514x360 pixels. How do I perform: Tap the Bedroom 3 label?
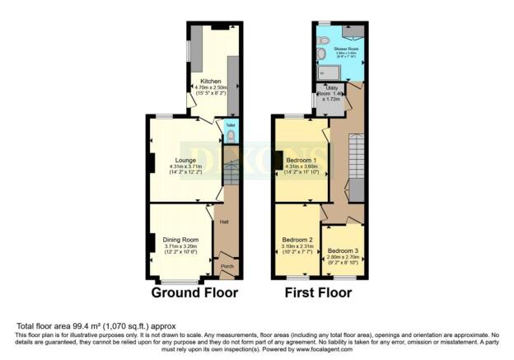click(342, 250)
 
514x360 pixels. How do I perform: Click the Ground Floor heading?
click(195, 292)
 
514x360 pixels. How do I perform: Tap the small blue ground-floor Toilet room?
click(231, 133)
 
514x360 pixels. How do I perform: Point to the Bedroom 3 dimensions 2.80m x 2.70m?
click(343, 257)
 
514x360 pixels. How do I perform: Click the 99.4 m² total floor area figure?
click(83, 326)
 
